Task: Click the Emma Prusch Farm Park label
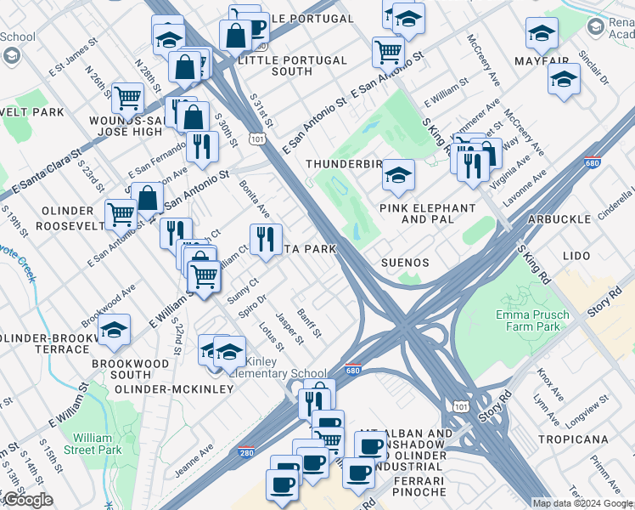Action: [527, 320]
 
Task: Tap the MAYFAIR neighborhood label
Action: [541, 62]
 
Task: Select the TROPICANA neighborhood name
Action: [573, 439]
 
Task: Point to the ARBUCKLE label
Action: [559, 219]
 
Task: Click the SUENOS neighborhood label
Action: [406, 263]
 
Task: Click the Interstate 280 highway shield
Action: [247, 454]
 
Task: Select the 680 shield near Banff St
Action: [355, 371]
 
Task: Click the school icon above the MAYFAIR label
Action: [541, 34]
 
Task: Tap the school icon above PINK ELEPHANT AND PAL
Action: [397, 175]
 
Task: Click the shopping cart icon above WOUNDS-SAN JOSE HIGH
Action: [127, 98]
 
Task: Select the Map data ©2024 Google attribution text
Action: [582, 503]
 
